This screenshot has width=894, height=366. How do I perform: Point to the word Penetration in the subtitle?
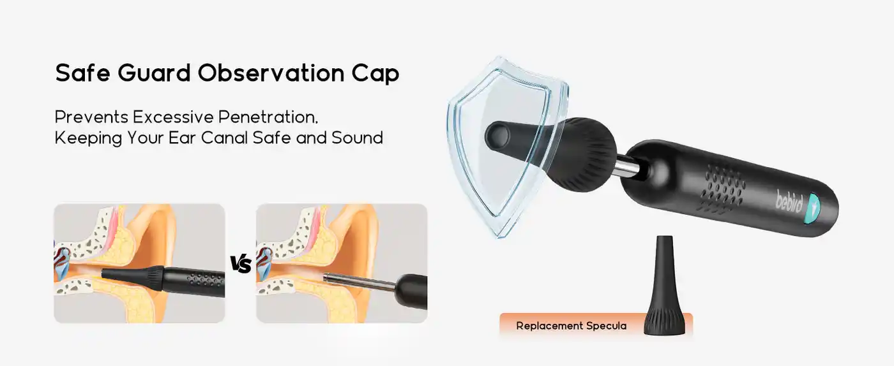pos(268,117)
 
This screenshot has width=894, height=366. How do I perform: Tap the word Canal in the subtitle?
pos(245,138)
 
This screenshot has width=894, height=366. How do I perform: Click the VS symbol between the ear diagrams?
pos(241,264)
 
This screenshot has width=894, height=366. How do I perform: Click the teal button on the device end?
pos(815,207)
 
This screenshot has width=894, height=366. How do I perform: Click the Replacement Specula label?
pos(571,326)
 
